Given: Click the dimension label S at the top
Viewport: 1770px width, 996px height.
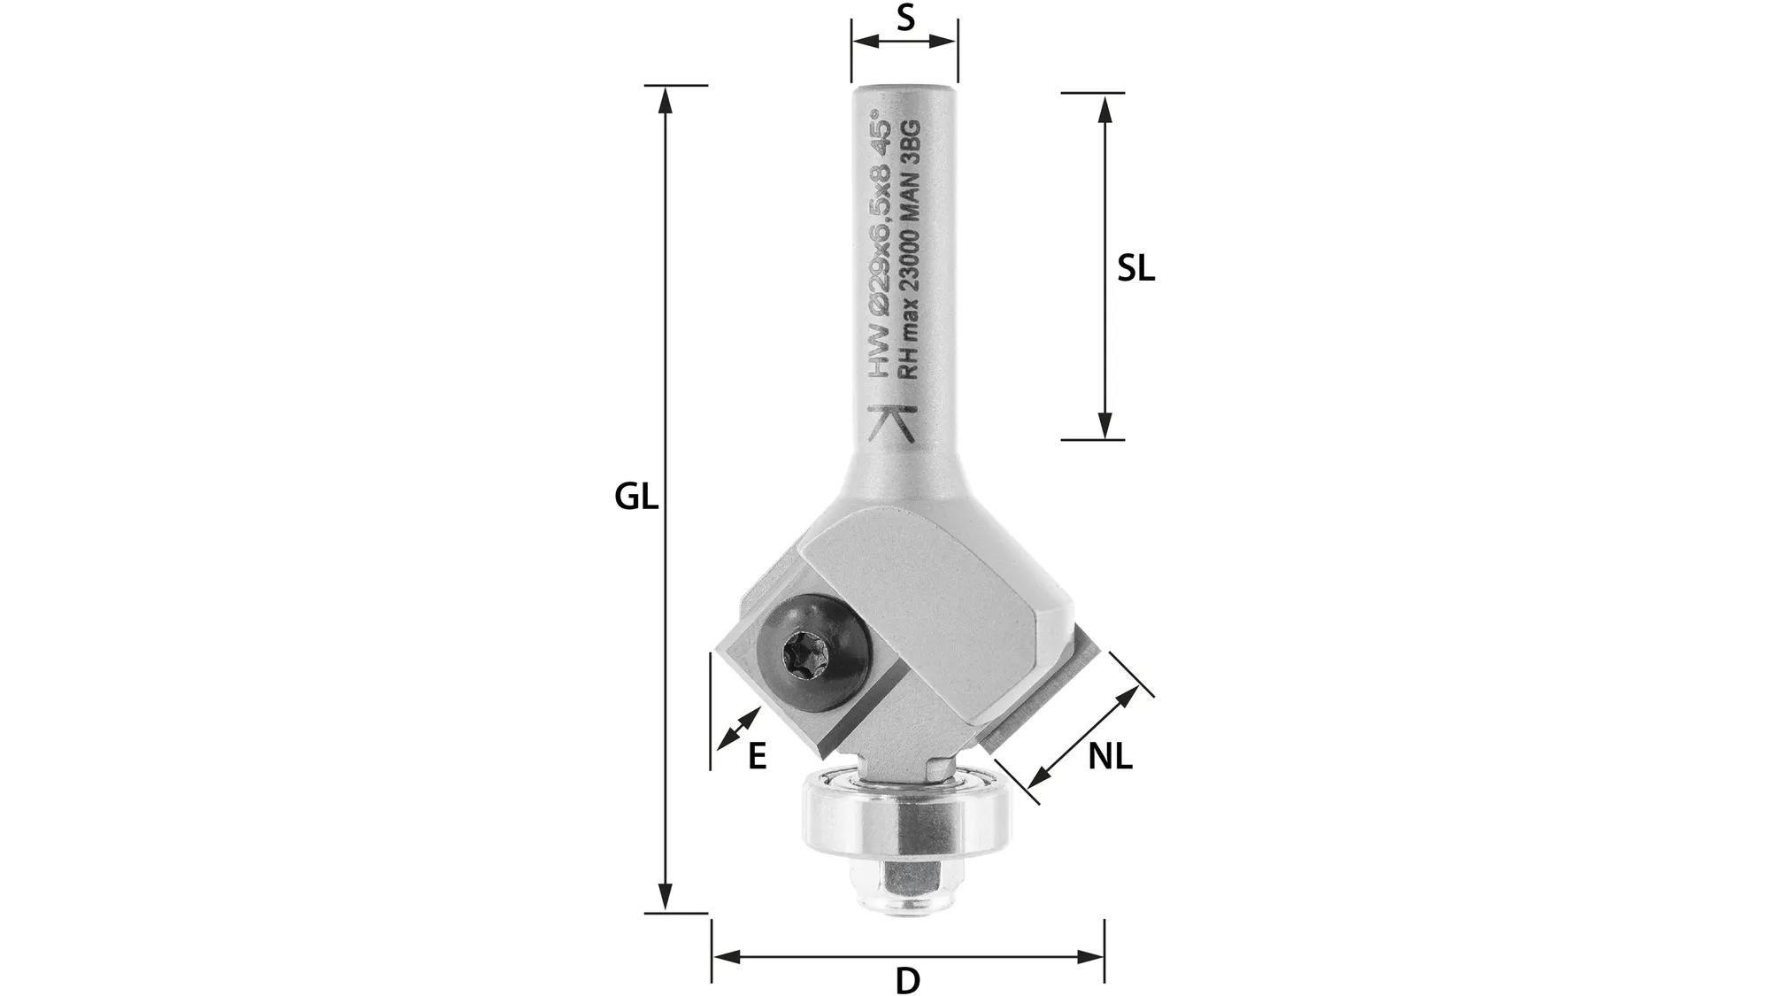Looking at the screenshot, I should (x=904, y=18).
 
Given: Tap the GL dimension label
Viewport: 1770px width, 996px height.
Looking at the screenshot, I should (x=636, y=497).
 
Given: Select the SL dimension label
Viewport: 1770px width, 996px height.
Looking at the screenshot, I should (x=1135, y=268).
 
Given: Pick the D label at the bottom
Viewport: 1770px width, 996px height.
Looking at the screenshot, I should (x=908, y=981).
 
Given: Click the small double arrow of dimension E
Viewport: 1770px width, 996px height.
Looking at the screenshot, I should (x=740, y=728).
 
